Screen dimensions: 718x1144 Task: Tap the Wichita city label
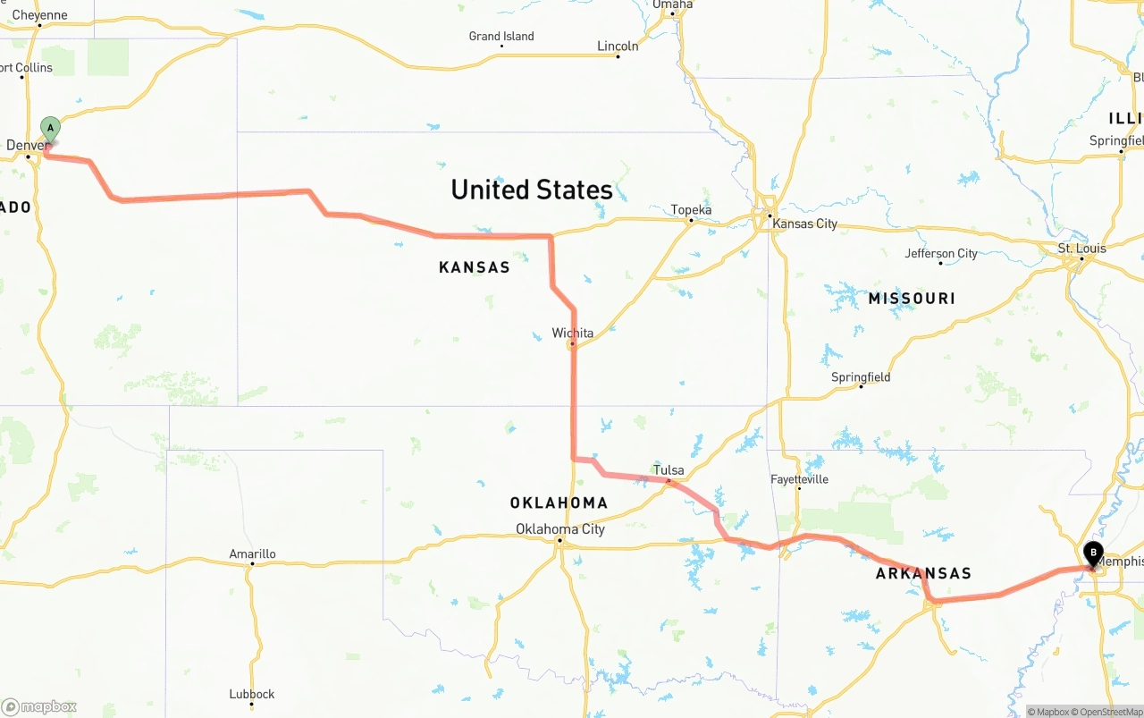(572, 333)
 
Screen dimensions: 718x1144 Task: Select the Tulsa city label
(669, 470)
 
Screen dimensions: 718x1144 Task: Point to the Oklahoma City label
(560, 528)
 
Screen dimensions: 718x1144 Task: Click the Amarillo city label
(252, 553)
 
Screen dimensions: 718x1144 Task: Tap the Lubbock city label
(251, 694)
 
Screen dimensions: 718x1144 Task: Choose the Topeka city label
(691, 210)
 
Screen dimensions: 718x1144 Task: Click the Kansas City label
(804, 224)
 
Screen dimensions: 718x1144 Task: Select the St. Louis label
(1081, 248)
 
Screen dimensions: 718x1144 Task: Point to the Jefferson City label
(941, 254)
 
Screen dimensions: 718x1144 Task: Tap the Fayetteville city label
(799, 479)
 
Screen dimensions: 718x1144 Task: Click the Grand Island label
(501, 37)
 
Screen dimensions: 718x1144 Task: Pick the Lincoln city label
(618, 46)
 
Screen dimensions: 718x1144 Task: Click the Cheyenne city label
(39, 15)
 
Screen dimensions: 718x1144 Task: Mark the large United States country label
(532, 190)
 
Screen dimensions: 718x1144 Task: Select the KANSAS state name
(475, 267)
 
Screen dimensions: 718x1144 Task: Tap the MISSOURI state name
(912, 299)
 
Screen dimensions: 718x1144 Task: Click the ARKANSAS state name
(923, 574)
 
